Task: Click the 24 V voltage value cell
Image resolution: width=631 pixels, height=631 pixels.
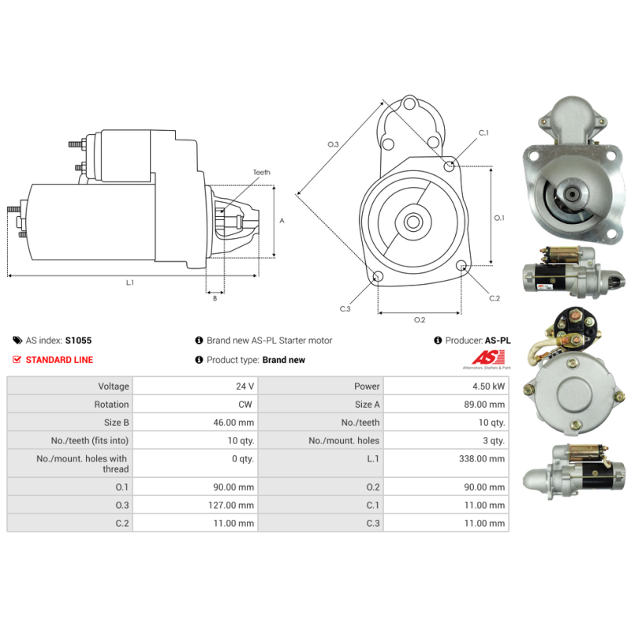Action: click(x=245, y=386)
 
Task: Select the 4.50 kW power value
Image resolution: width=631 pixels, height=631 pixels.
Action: click(x=488, y=386)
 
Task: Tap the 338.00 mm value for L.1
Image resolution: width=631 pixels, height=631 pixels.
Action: click(x=482, y=459)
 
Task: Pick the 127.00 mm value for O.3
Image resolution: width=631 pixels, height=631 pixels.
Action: click(x=231, y=505)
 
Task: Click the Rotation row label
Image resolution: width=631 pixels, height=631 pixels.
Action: click(x=111, y=405)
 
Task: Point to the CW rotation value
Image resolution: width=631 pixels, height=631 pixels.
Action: click(x=245, y=405)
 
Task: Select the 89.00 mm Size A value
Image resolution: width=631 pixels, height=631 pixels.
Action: click(x=484, y=405)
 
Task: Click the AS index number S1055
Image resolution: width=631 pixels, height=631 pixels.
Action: click(x=78, y=341)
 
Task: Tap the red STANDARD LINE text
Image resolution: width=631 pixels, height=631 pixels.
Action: click(x=60, y=360)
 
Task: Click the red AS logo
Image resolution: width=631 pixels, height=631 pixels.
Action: click(x=488, y=357)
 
